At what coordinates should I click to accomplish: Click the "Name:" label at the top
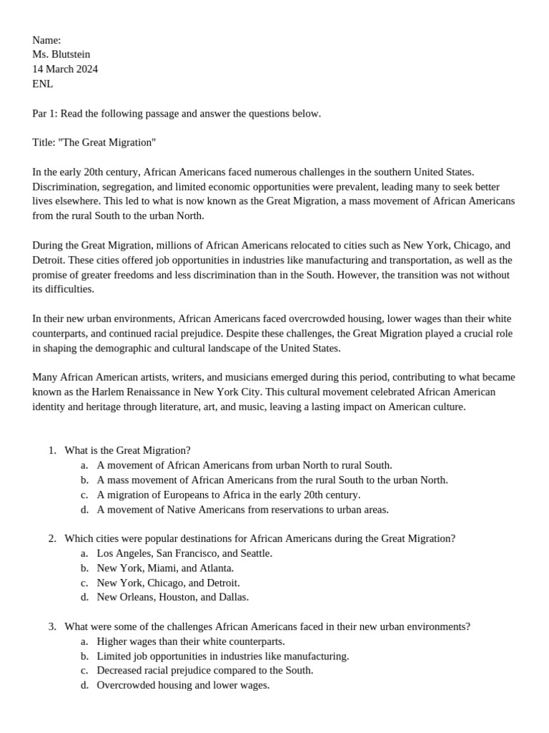pos(46,40)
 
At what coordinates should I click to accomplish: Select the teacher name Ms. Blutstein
pos(61,54)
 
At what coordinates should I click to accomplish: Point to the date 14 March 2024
pos(65,69)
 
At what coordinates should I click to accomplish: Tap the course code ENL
pos(42,84)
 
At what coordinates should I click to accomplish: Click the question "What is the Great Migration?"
pos(127,450)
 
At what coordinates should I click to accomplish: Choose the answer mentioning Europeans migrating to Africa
pos(228,495)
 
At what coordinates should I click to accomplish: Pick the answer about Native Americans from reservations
pos(242,510)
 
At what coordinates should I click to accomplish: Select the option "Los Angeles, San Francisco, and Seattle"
pos(184,553)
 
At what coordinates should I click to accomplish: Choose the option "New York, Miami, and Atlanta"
pos(165,568)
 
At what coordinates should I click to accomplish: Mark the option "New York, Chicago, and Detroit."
pos(168,583)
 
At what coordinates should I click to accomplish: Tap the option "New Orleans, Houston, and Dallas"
pos(172,597)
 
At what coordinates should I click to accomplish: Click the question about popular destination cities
pos(259,538)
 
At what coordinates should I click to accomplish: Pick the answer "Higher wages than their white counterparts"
pos(190,641)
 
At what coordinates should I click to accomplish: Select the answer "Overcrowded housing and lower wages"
pos(183,685)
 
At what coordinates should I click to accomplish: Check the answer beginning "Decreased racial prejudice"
pos(204,671)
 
